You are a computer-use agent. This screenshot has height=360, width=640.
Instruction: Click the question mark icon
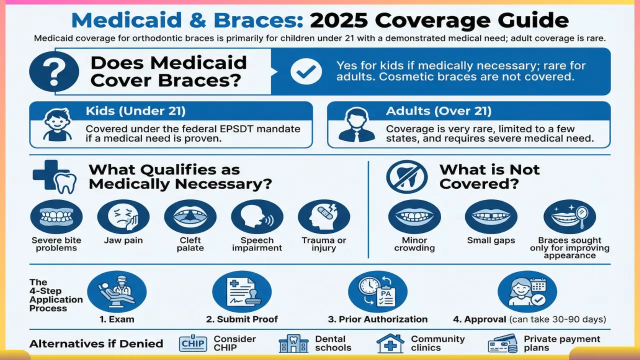(54, 71)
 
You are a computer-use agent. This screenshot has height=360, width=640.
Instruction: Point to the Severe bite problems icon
(56, 216)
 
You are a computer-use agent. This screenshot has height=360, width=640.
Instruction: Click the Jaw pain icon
(123, 216)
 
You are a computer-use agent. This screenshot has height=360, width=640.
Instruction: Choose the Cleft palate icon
(190, 216)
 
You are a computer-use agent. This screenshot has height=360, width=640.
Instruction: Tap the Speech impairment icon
(257, 216)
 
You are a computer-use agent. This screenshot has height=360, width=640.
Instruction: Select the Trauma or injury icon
(323, 216)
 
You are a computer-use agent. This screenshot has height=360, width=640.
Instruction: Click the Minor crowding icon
(414, 216)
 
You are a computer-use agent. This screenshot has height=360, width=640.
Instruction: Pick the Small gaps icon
(491, 216)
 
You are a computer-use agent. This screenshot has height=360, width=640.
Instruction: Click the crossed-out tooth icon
(406, 176)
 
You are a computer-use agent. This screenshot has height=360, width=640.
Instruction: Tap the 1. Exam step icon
(116, 291)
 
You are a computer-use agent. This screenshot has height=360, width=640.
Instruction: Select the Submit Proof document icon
(241, 291)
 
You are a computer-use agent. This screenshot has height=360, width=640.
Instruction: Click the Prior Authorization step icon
(377, 291)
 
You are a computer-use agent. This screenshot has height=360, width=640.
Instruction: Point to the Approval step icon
(527, 291)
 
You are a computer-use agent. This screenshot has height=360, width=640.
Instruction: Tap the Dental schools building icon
(293, 344)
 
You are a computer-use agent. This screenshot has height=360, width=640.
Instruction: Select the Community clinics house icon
(390, 344)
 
